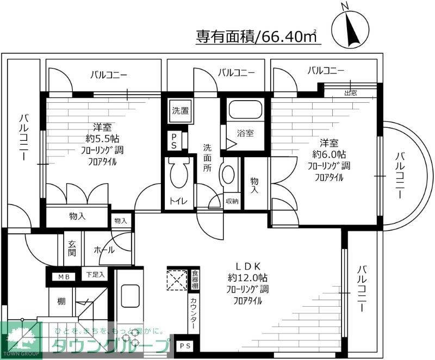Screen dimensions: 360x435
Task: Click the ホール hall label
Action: (x=104, y=250)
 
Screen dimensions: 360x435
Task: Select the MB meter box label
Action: (x=65, y=277)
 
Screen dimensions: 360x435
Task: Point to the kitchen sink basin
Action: (x=129, y=296)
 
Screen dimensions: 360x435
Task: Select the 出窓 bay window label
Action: (x=351, y=92)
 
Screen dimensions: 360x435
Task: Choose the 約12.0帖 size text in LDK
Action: (x=250, y=277)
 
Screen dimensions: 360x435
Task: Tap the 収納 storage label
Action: (x=232, y=201)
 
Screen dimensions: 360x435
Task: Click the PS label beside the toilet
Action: (x=173, y=141)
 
